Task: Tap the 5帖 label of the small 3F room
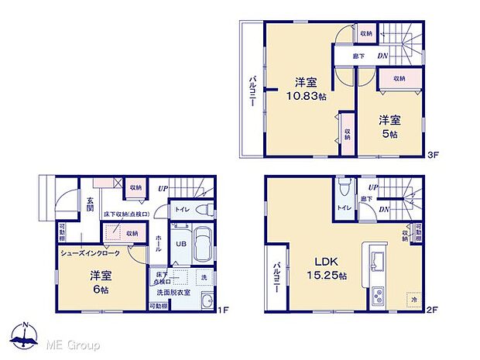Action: [x=389, y=134]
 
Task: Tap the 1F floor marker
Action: [x=222, y=310]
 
